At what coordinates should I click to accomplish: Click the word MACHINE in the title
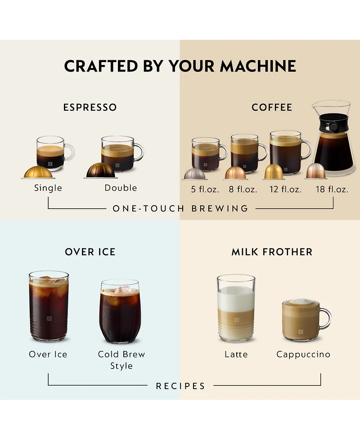pyautogui.click(x=258, y=66)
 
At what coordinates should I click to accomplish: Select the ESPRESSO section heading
pyautogui.click(x=90, y=108)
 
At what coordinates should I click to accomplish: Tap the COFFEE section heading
pyautogui.click(x=272, y=108)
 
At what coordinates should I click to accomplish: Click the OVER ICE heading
pyautogui.click(x=90, y=252)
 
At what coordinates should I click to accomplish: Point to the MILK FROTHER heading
pyautogui.click(x=272, y=252)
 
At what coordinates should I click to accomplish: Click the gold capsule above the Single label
pyautogui.click(x=37, y=172)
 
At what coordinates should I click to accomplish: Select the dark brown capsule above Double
pyautogui.click(x=101, y=171)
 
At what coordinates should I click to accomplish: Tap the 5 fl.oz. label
pyautogui.click(x=205, y=189)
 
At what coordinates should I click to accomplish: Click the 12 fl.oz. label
pyautogui.click(x=285, y=189)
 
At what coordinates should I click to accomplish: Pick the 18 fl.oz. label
pyautogui.click(x=332, y=189)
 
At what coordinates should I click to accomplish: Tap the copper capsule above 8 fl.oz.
pyautogui.click(x=235, y=173)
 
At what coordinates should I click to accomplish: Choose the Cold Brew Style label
pyautogui.click(x=121, y=360)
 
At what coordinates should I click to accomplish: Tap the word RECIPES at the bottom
pyautogui.click(x=180, y=386)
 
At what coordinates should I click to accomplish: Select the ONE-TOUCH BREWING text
pyautogui.click(x=180, y=209)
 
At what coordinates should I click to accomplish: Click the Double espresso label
pyautogui.click(x=121, y=188)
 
